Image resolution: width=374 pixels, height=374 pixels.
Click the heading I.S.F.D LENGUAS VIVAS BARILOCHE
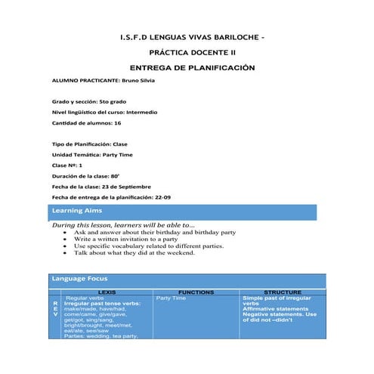(192, 36)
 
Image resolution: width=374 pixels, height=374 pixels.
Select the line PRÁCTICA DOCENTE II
(187, 53)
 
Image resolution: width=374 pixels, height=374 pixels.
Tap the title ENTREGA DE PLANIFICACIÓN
(187, 68)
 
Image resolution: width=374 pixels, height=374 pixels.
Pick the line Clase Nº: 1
(66, 165)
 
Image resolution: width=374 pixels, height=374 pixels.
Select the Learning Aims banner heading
(76, 211)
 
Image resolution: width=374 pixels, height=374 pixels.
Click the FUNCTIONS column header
(196, 292)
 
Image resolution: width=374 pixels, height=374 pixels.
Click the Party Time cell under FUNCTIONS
(171, 298)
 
